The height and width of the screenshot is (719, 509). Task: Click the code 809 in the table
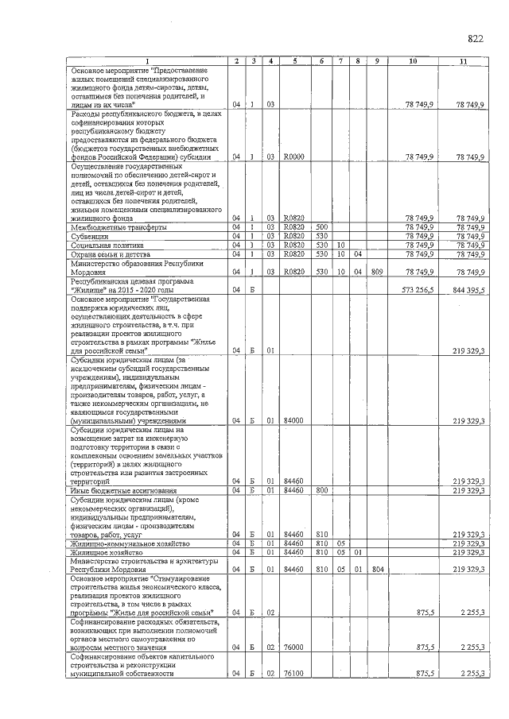pos(377,272)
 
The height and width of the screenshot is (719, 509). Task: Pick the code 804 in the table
pos(377,569)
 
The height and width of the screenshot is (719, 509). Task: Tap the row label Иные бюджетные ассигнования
pos(112,490)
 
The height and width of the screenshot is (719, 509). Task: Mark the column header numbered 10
pos(413,61)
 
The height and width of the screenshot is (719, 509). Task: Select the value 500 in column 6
pos(322,227)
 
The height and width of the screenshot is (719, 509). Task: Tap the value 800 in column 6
pos(322,490)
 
